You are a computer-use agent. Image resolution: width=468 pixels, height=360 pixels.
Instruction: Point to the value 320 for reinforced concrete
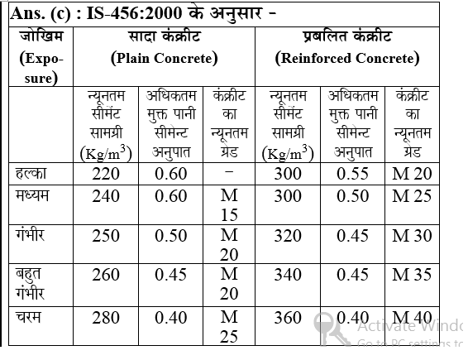287,235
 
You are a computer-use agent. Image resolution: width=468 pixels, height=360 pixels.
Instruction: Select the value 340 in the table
287,275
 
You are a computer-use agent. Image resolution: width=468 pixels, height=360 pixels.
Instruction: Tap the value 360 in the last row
287,318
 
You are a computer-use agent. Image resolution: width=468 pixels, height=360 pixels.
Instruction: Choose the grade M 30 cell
412,235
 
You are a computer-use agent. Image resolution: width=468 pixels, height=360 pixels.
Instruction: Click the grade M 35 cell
412,275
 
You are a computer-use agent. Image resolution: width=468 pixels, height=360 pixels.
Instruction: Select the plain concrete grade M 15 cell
227,205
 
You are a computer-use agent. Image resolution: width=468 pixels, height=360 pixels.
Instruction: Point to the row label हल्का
32,174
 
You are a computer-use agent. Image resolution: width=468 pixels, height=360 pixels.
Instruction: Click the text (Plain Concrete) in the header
164,58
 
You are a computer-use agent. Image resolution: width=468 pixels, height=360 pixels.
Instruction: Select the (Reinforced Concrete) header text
347,58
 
